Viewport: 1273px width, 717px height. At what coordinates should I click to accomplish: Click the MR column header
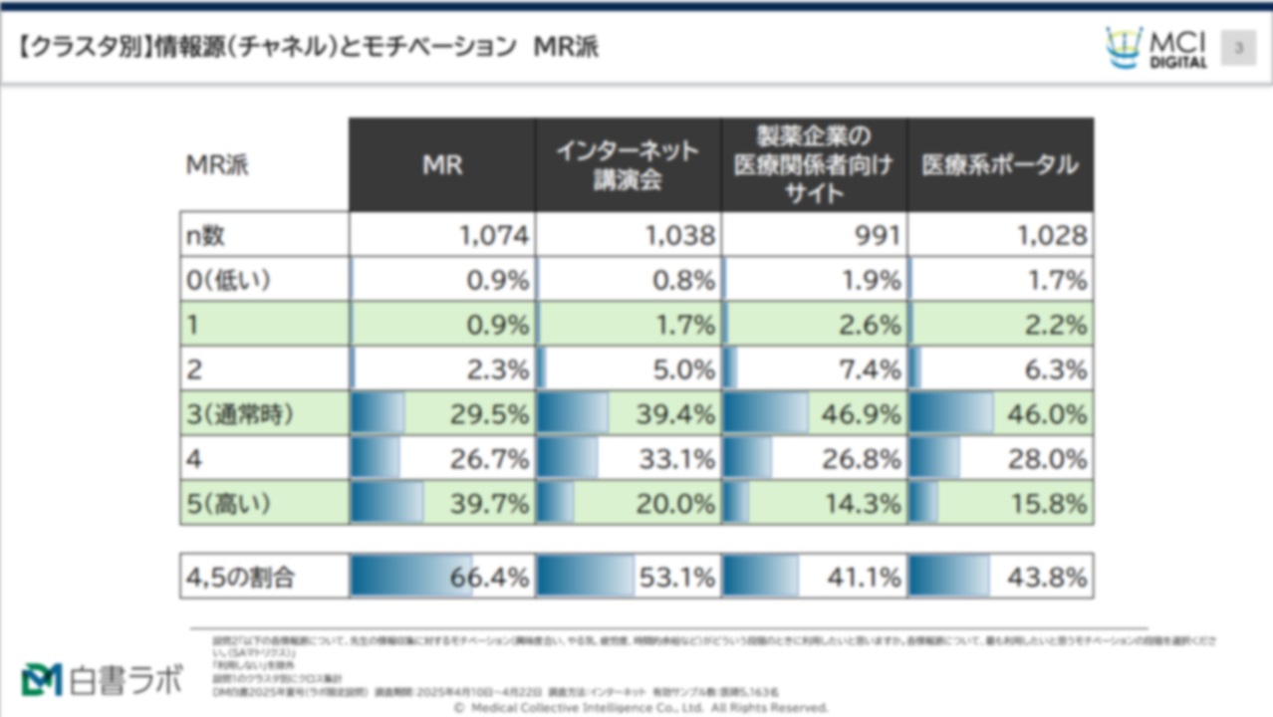tap(442, 165)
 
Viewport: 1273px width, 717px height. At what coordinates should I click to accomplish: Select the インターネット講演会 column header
tap(628, 165)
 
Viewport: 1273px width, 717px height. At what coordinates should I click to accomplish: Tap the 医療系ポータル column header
tap(1000, 165)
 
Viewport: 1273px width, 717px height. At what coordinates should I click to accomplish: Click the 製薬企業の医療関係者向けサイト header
tap(814, 165)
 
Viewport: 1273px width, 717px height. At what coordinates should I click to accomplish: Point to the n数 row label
tap(207, 236)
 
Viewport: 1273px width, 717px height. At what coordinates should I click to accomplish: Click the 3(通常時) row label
tap(241, 414)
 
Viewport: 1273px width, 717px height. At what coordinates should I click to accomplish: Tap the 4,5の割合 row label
tap(241, 577)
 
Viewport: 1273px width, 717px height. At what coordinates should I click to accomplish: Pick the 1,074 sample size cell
tap(494, 236)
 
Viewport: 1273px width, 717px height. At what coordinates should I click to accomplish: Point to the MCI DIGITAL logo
tap(1156, 48)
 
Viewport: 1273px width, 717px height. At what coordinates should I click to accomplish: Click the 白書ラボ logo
tap(103, 679)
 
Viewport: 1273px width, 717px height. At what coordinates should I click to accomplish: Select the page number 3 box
tap(1239, 47)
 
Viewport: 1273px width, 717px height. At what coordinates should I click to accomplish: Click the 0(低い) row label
tap(229, 281)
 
